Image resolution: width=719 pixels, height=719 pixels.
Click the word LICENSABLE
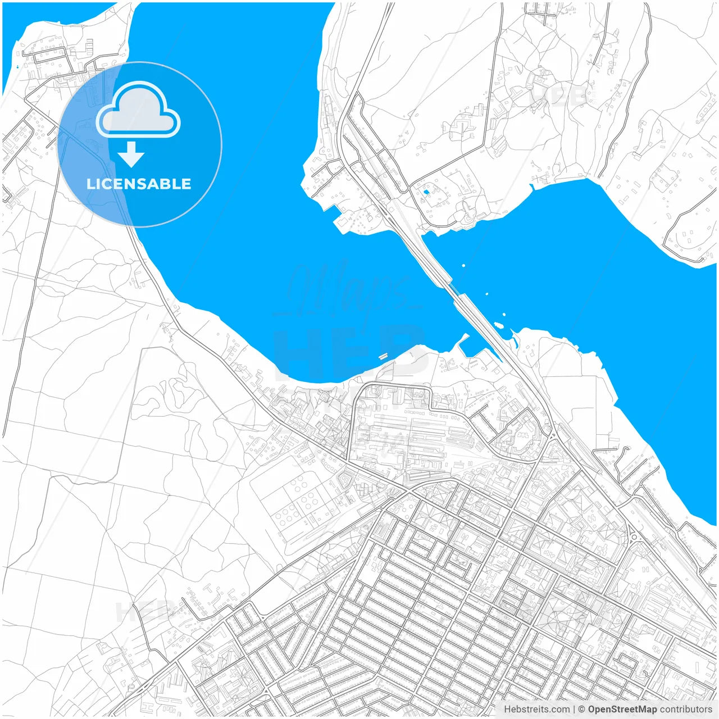click(139, 184)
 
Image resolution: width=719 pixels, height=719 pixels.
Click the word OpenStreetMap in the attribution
click(622, 709)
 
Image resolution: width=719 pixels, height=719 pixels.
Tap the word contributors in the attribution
click(686, 709)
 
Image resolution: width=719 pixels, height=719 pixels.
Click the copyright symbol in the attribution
click(582, 709)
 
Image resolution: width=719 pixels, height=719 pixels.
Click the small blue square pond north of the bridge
click(426, 192)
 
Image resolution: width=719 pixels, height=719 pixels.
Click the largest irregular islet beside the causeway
click(498, 325)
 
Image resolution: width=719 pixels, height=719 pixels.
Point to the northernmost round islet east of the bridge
click(463, 265)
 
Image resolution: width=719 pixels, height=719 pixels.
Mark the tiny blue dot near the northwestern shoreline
click(17, 67)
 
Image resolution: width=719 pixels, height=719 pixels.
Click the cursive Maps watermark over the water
click(348, 292)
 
